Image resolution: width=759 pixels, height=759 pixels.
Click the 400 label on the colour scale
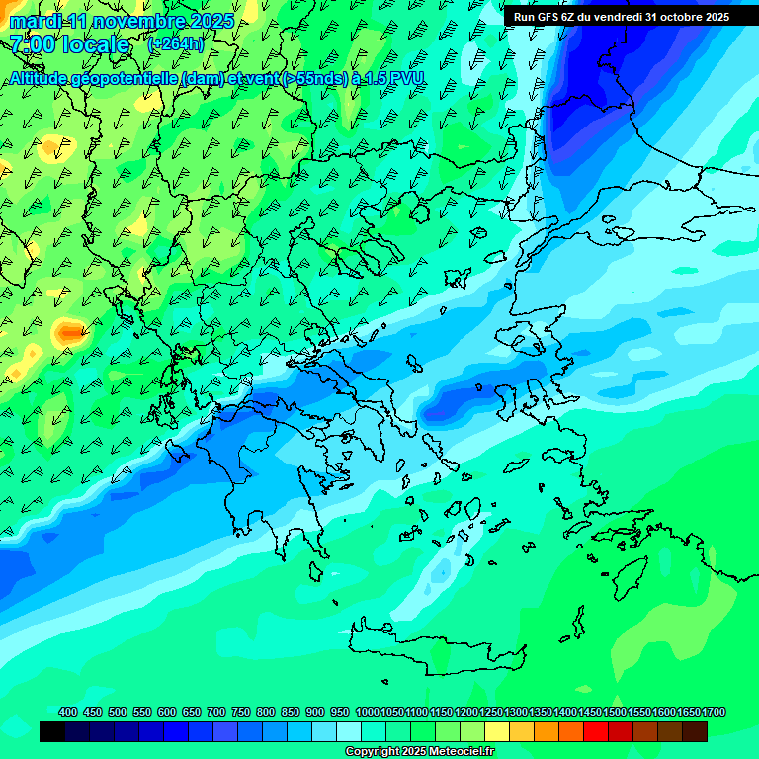[68, 712]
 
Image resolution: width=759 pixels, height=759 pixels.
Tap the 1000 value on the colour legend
[367, 712]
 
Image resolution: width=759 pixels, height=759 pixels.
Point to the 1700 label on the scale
[715, 712]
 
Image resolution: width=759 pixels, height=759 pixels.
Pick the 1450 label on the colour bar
[590, 712]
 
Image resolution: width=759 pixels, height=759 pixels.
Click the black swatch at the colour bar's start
[52, 732]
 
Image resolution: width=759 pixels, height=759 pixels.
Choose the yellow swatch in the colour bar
[497, 732]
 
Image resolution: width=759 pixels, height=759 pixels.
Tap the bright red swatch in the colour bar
[596, 732]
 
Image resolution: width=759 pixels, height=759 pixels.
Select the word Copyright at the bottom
[373, 752]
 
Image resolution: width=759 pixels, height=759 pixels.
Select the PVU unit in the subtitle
[407, 78]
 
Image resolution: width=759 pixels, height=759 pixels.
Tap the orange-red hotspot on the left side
[68, 332]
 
